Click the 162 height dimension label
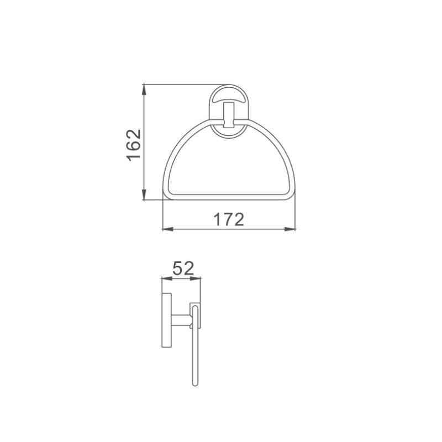(x=134, y=145)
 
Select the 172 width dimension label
(x=229, y=219)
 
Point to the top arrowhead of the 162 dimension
(x=144, y=90)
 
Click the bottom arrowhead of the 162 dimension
(x=144, y=194)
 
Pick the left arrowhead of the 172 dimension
(x=168, y=229)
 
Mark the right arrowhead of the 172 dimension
(x=290, y=229)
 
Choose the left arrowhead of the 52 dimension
(x=167, y=278)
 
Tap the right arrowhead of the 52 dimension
(x=196, y=278)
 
